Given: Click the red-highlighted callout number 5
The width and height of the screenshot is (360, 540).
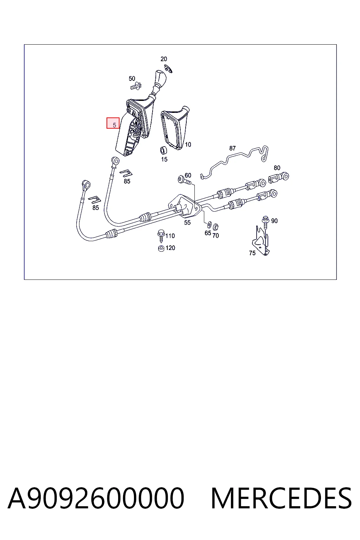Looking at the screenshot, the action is click(114, 125).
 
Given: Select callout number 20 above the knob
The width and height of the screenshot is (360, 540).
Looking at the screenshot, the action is click(164, 59).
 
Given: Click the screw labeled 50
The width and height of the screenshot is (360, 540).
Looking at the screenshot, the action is click(136, 86).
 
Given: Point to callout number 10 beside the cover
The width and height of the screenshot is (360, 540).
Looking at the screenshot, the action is click(188, 144).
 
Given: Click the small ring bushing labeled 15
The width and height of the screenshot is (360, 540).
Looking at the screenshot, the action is click(164, 150).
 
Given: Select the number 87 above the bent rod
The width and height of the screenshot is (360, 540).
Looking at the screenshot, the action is click(232, 148).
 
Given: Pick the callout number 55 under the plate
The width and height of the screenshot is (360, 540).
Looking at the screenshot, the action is click(187, 223).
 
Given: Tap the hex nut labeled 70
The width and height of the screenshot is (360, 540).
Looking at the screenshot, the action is click(216, 227).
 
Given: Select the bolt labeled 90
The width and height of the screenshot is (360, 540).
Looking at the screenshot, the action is click(265, 222).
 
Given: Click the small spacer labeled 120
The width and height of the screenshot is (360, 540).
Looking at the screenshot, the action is click(161, 248).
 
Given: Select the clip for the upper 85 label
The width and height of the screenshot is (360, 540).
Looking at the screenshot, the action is click(126, 173).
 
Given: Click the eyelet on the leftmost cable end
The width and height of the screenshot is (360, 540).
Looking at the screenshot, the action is click(86, 185).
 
